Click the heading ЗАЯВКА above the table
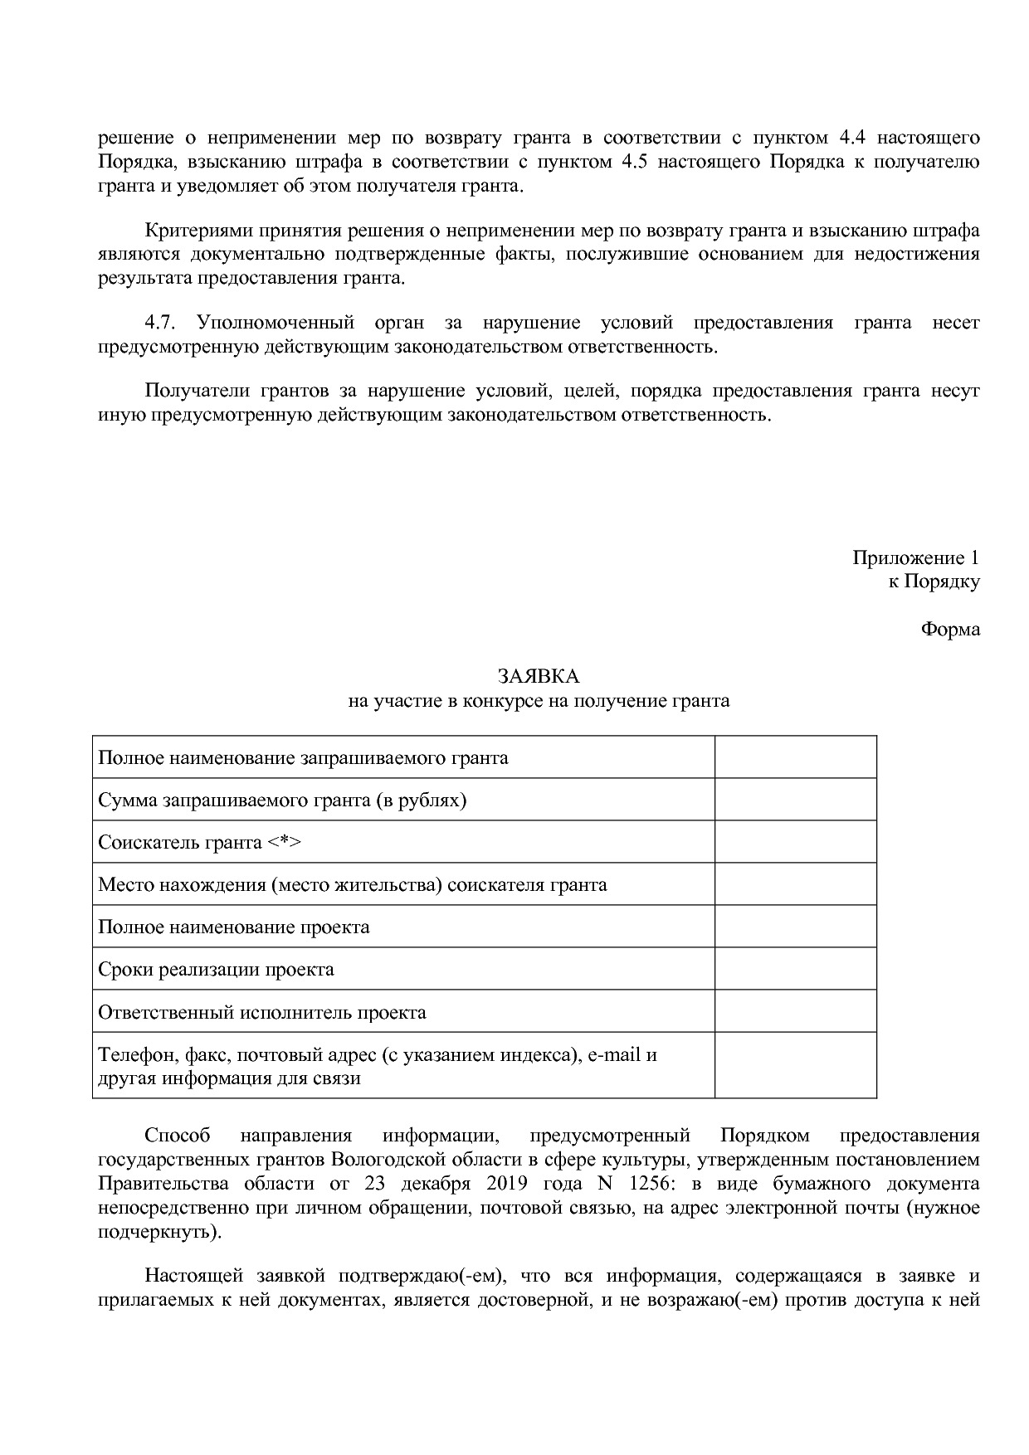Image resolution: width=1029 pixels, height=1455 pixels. tap(538, 677)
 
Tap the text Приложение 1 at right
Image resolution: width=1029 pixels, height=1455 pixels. tap(915, 557)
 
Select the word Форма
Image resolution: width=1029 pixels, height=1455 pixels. tap(949, 629)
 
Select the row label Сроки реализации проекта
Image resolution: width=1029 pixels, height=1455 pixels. tap(216, 969)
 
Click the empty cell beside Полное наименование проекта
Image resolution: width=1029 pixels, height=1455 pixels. tap(795, 926)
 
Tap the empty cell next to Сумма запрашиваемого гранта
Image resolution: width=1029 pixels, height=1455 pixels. tap(795, 800)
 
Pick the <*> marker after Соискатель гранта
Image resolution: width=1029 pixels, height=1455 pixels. tap(284, 842)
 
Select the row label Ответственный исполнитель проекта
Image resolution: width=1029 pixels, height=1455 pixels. tap(262, 1012)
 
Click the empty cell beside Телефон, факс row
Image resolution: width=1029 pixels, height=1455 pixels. tap(795, 1066)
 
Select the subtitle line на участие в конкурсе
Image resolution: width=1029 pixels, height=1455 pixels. tap(538, 701)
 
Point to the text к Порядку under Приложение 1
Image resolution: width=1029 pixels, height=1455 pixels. tap(934, 582)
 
